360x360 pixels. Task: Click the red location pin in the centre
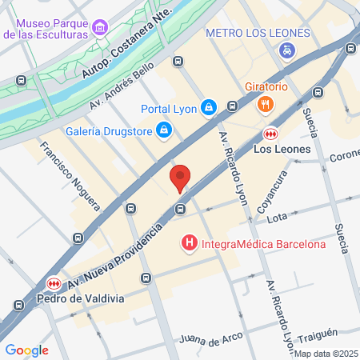[181, 178]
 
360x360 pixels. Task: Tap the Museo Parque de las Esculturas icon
[99, 28]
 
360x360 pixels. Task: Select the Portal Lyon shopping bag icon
[208, 106]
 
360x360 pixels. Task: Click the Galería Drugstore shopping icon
[164, 129]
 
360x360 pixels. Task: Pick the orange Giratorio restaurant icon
[266, 103]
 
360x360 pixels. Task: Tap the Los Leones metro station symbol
[270, 134]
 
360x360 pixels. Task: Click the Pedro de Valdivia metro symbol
[54, 283]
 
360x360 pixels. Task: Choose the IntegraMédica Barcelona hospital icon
[190, 242]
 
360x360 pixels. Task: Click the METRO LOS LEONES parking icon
[287, 50]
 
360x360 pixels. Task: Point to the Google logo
[26, 350]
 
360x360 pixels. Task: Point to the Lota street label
[277, 217]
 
